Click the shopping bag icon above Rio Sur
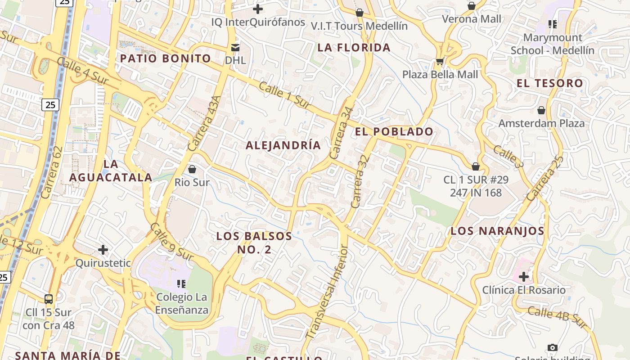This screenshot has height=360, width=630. pyautogui.click(x=192, y=169)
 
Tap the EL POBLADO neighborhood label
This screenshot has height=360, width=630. pyautogui.click(x=394, y=132)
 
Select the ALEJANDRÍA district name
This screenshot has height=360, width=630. pyautogui.click(x=283, y=145)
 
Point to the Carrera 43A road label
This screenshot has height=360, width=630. pyautogui.click(x=205, y=123)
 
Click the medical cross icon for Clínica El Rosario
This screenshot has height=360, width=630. pyautogui.click(x=524, y=276)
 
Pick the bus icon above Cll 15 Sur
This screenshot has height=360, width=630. pyautogui.click(x=48, y=299)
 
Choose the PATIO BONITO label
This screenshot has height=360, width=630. pyautogui.click(x=166, y=58)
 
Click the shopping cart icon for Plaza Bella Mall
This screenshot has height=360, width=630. pyautogui.click(x=440, y=61)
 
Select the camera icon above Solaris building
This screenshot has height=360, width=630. pyautogui.click(x=553, y=347)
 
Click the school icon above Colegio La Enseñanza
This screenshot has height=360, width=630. pyautogui.click(x=181, y=283)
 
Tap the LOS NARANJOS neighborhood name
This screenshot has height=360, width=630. pyautogui.click(x=497, y=231)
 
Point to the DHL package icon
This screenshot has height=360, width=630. pyautogui.click(x=235, y=47)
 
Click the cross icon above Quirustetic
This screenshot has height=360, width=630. pyautogui.click(x=103, y=249)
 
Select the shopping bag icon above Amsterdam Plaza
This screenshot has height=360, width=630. pyautogui.click(x=541, y=110)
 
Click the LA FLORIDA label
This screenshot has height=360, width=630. pyautogui.click(x=354, y=48)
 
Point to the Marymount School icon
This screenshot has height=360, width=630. pyautogui.click(x=552, y=24)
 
